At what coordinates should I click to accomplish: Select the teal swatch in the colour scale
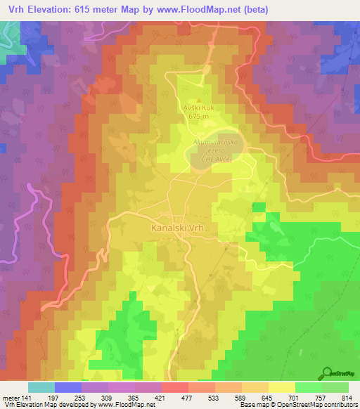pos(41,387)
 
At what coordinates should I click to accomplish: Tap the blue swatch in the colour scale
pos(67,387)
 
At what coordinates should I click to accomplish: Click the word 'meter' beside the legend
pos(12,398)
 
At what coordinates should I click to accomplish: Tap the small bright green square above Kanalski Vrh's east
pos(259,207)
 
